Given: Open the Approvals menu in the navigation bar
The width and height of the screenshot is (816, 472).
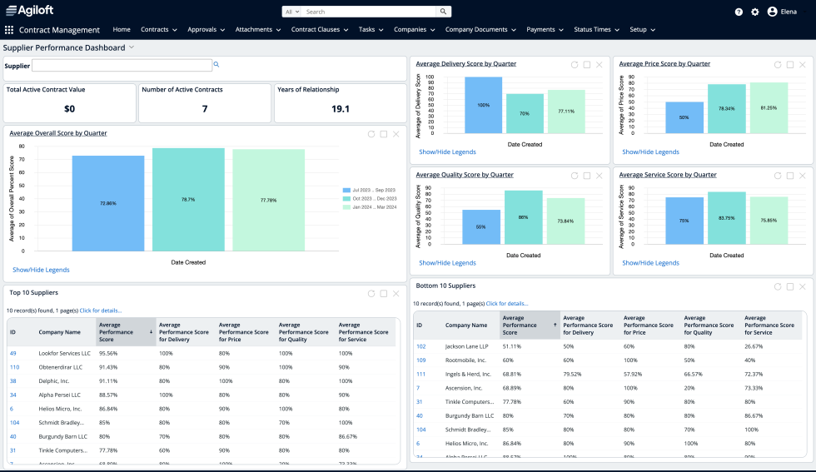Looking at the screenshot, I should click(x=206, y=29).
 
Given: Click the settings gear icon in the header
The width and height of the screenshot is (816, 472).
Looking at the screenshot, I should click(x=755, y=12).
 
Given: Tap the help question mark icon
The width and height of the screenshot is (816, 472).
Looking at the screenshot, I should click(x=739, y=12).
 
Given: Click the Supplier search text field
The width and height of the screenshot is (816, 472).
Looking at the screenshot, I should click(x=122, y=65).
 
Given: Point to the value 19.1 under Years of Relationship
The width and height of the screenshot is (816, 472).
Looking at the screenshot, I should click(x=340, y=108).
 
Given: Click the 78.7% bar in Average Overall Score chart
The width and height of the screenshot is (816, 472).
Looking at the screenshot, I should click(x=188, y=200).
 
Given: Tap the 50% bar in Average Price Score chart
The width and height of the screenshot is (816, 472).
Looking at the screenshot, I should click(x=684, y=117).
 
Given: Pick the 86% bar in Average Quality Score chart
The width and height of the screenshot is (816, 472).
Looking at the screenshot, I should click(x=523, y=216).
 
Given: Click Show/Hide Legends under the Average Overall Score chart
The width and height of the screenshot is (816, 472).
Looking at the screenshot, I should click(x=41, y=270).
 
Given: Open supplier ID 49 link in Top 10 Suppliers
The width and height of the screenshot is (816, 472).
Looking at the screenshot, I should click(x=12, y=353).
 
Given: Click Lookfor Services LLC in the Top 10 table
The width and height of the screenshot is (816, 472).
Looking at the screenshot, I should click(x=64, y=353).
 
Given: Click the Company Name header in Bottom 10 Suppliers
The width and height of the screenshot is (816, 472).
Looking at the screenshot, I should click(x=466, y=325).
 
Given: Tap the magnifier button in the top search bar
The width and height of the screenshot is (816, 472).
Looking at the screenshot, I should click(x=444, y=12).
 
